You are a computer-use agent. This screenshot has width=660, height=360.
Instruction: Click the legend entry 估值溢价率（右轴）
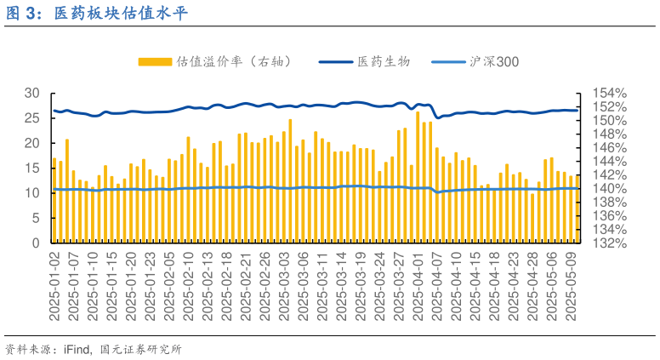pyautogui.click(x=233, y=61)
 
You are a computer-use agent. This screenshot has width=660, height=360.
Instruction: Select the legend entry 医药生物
pyautogui.click(x=384, y=61)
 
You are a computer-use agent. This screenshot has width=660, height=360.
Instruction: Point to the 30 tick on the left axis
pyautogui.click(x=32, y=93)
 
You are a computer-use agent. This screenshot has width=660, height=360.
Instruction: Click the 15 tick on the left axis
pyautogui.click(x=32, y=168)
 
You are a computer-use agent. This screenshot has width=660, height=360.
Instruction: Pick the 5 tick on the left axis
pyautogui.click(x=37, y=218)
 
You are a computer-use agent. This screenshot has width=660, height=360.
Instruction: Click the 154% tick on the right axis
pyautogui.click(x=610, y=93)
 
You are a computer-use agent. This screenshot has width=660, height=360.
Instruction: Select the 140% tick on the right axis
pyautogui.click(x=610, y=188)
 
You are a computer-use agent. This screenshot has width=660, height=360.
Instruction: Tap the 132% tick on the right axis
pyautogui.click(x=610, y=243)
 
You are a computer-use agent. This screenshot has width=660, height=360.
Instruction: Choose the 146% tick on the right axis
pyautogui.click(x=610, y=147)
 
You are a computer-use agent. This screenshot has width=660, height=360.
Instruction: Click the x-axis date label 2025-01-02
pyautogui.click(x=54, y=286)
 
